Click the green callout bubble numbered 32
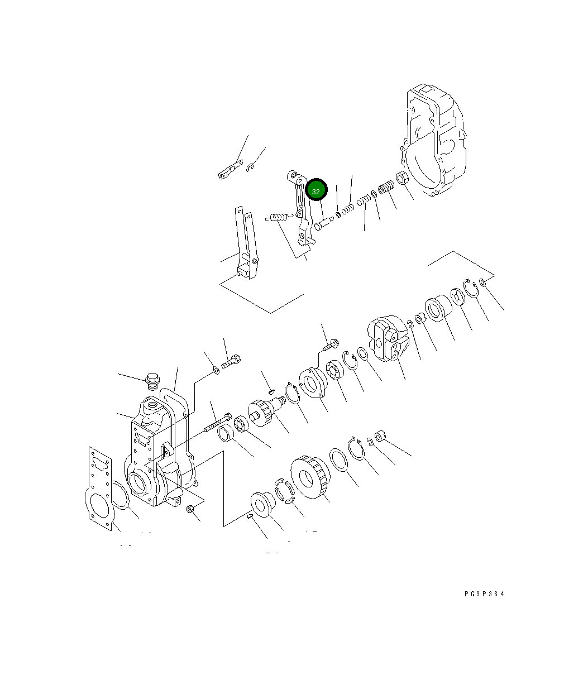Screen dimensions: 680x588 [x=316, y=191]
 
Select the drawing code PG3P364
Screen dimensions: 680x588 [x=484, y=594]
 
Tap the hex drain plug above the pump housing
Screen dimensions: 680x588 [x=151, y=381]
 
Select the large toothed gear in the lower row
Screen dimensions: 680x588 [x=309, y=476]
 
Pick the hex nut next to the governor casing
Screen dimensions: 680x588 [x=404, y=180]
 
